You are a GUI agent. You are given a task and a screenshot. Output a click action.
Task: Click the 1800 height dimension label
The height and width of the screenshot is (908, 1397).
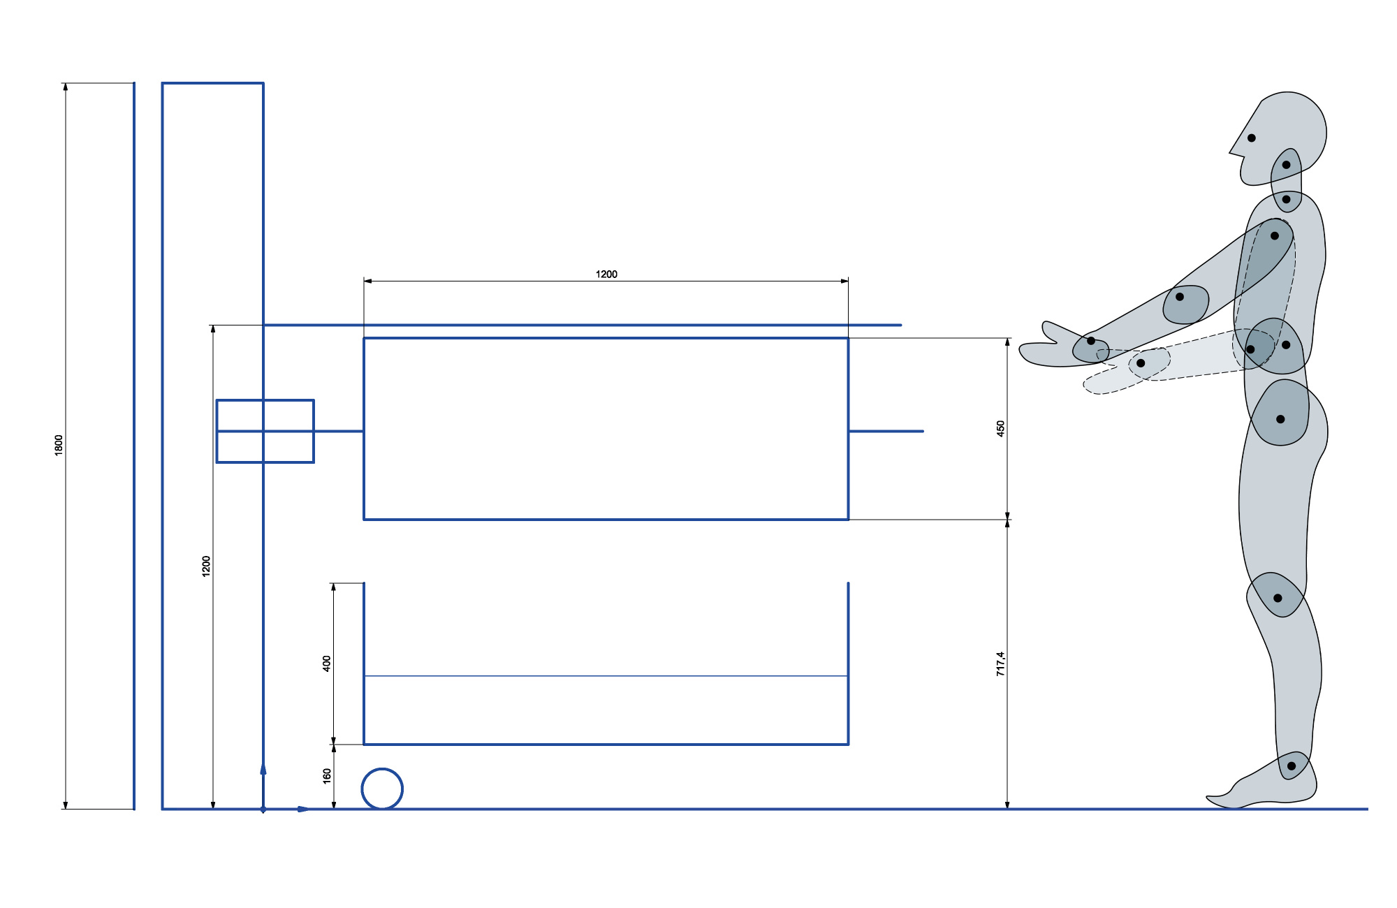59,446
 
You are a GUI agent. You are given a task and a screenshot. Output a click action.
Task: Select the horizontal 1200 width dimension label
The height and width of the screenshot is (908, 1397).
606,274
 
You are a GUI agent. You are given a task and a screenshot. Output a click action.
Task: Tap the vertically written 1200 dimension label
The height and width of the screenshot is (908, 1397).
206,566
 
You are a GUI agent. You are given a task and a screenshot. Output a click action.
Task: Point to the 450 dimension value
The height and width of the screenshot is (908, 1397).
1000,429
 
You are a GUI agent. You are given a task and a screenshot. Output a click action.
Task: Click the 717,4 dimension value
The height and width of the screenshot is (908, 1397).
1000,664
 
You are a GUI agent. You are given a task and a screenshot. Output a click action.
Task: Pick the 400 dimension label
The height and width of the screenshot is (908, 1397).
326,664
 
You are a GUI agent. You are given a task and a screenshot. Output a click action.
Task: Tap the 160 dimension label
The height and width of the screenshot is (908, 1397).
326,776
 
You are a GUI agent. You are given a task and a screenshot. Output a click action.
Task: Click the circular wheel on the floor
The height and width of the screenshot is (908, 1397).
382,769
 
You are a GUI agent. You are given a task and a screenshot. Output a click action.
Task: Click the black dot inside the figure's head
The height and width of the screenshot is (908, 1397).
1252,138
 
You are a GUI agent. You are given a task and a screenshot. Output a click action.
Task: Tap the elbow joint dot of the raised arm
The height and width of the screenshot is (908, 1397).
1180,297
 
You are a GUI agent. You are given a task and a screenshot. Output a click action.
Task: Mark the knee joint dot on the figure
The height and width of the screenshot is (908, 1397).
1278,598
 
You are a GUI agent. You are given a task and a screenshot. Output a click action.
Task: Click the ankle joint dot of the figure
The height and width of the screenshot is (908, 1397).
1292,766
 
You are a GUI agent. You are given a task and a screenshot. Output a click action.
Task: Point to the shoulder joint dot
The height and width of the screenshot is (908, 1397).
1275,236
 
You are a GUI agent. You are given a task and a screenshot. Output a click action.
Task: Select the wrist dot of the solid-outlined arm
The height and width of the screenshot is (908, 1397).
1091,341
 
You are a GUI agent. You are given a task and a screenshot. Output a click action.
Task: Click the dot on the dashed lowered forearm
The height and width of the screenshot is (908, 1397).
1141,363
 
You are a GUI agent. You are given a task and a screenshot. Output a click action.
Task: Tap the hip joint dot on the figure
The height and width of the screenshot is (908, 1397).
1280,419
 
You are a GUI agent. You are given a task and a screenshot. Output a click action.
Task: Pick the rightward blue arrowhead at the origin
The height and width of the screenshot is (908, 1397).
304,810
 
